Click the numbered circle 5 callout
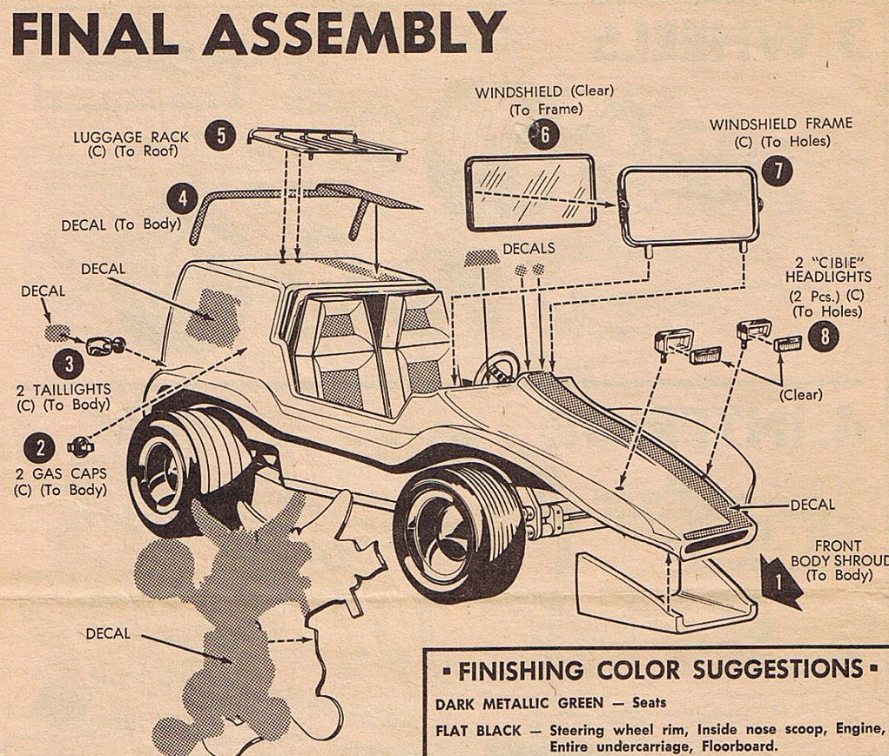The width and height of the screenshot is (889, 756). (221, 136)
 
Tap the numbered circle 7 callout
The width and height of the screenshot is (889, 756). (777, 171)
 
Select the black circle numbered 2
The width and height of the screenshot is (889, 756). (40, 448)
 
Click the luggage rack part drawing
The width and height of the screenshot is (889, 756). (327, 143)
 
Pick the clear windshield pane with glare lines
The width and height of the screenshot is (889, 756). (529, 191)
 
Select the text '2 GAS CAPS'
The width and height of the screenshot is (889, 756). (60, 476)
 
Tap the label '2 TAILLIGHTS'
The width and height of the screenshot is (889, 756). (63, 390)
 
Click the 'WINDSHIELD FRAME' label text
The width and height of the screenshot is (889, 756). (780, 124)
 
